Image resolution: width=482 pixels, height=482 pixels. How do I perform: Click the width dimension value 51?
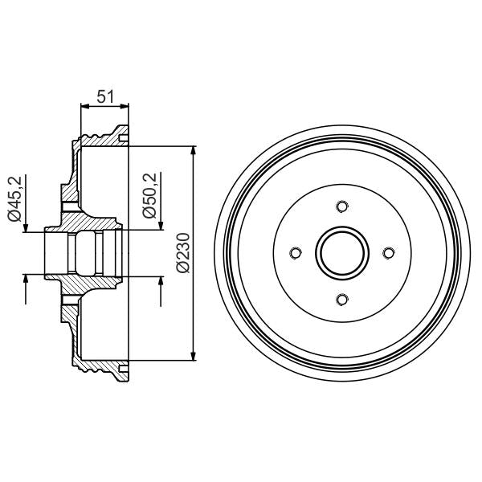point(104,96)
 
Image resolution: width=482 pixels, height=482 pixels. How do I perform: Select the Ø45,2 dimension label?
point(14,198)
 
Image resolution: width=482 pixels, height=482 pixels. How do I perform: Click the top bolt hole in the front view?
point(342,207)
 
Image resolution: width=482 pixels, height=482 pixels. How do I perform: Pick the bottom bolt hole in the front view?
point(342,300)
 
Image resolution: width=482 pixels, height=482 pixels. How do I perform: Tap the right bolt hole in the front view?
point(389,254)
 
